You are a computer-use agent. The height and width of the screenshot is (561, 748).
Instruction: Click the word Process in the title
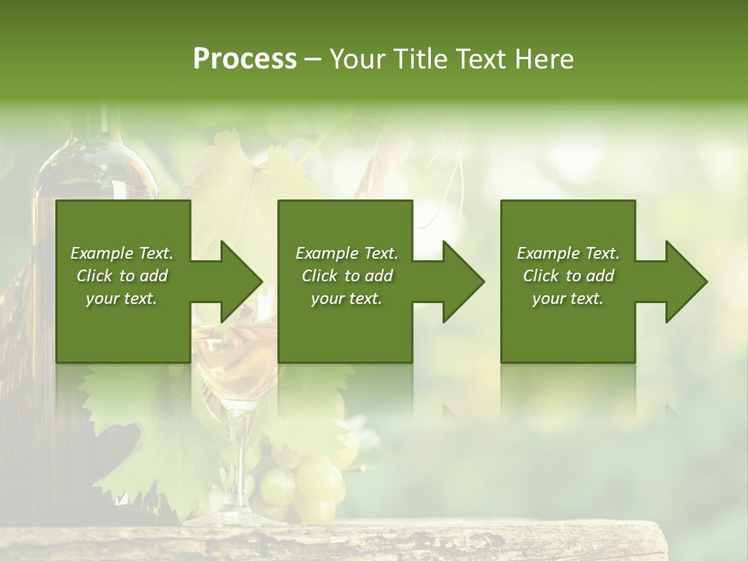click(x=245, y=59)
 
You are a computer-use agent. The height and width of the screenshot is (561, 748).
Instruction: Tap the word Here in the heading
click(x=545, y=59)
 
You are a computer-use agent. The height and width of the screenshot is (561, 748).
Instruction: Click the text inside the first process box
click(x=122, y=276)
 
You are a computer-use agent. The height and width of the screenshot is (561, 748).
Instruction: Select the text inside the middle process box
click(x=346, y=276)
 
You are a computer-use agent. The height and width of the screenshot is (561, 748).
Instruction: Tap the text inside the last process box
click(x=568, y=276)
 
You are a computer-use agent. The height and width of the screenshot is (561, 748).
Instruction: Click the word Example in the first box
click(x=101, y=253)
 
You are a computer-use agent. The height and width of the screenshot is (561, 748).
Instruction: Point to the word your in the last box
click(x=549, y=298)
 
